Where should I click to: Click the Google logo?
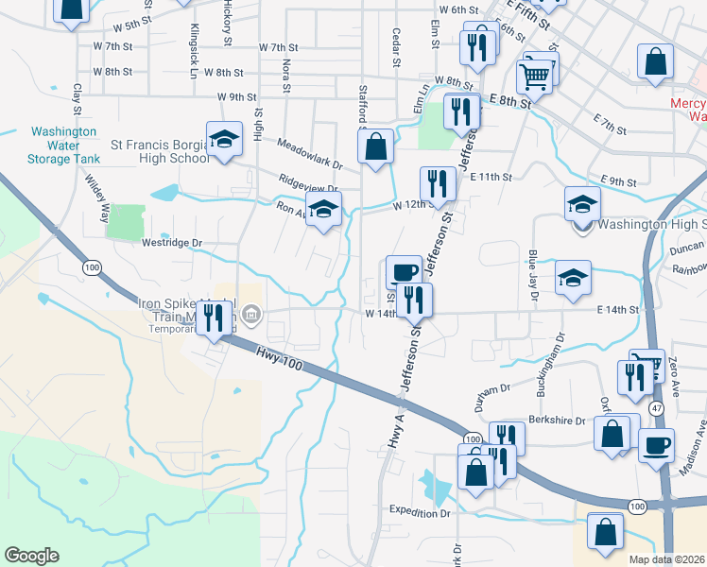(x=31, y=556)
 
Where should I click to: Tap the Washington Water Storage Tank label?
(x=64, y=146)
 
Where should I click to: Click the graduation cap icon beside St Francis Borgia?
(x=223, y=139)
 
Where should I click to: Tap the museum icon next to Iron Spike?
(x=251, y=314)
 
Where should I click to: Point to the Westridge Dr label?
(x=172, y=243)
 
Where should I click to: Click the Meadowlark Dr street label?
(x=310, y=154)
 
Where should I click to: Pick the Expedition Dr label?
(x=421, y=512)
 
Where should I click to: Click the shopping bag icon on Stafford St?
(x=376, y=146)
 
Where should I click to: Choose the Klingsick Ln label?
(x=194, y=51)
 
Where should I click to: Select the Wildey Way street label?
(x=98, y=197)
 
